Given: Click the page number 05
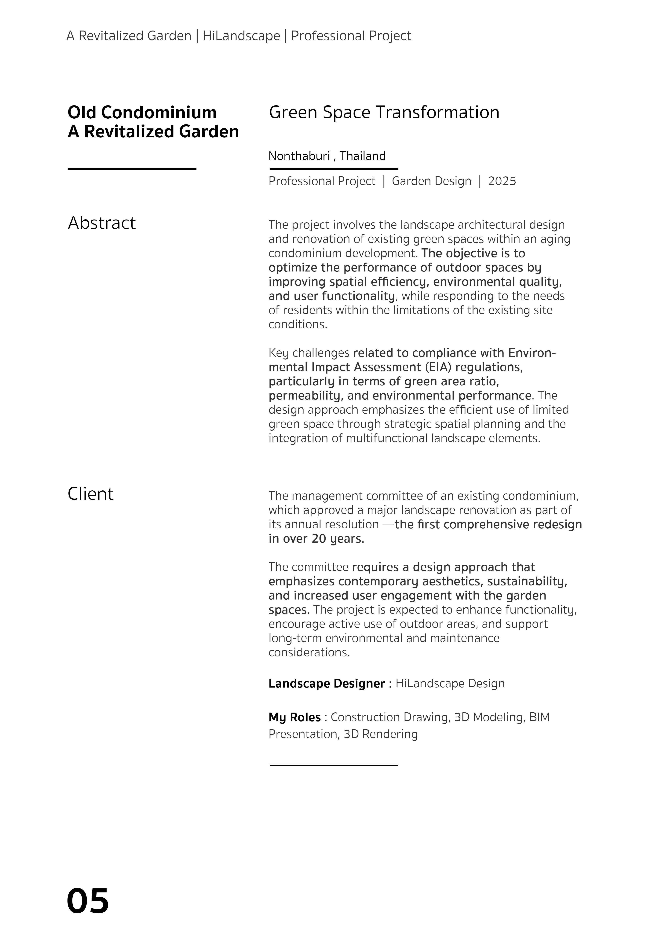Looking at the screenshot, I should [88, 901].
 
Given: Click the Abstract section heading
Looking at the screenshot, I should [102, 223].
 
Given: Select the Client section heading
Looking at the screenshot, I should [91, 494].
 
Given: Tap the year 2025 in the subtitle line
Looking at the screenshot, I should [502, 181].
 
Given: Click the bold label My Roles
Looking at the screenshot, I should [295, 717].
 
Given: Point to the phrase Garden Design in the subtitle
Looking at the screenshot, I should [431, 181].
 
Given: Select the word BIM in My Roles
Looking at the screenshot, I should [539, 717].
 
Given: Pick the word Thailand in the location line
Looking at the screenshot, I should [363, 156].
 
